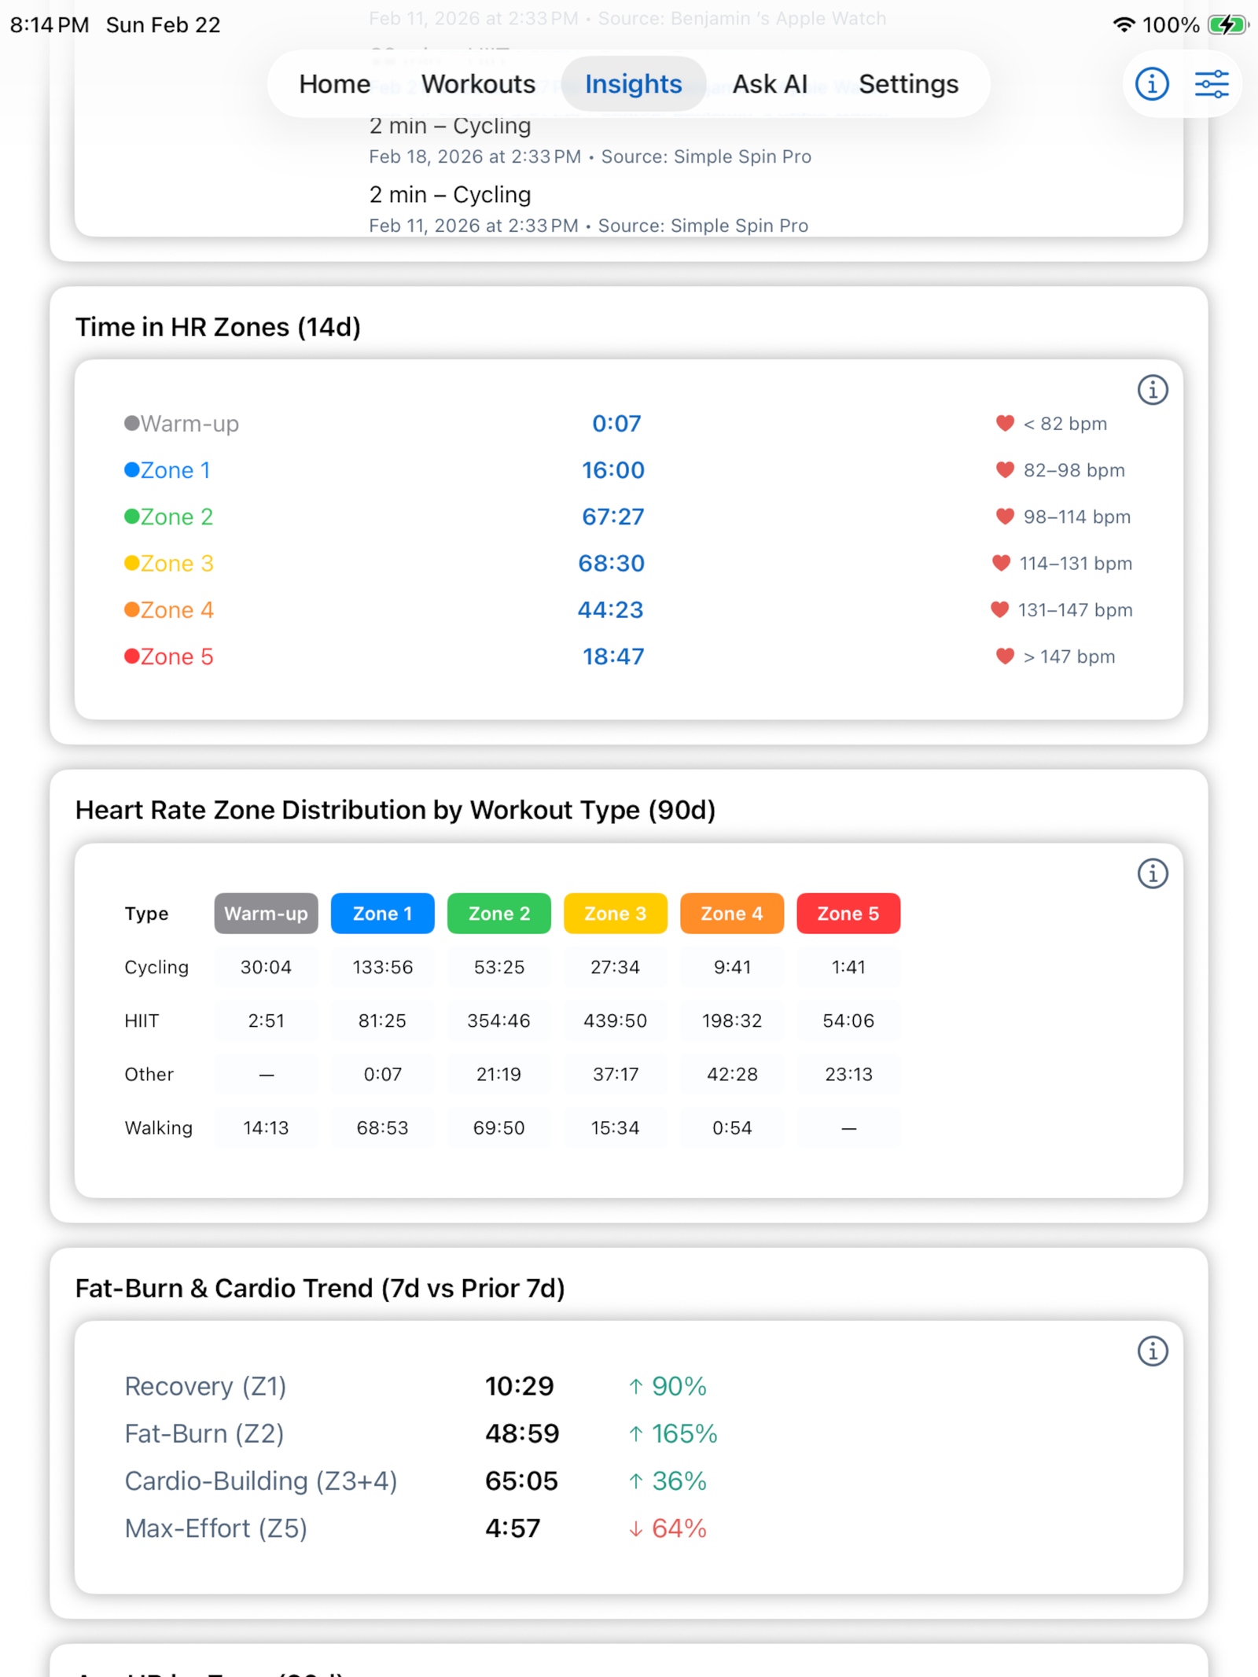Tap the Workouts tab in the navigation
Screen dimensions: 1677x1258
coord(478,84)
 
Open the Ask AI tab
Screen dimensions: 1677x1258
coord(770,84)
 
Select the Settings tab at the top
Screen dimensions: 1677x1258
coord(908,84)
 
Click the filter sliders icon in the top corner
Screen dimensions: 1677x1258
coord(1212,84)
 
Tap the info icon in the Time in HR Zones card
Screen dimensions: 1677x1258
coord(1153,390)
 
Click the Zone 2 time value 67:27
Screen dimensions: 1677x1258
coord(612,517)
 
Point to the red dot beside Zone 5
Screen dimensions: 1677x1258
coord(132,656)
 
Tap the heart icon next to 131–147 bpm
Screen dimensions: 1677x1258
coord(999,609)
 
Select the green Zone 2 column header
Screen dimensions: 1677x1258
coord(499,914)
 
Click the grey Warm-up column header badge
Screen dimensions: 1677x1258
coord(266,914)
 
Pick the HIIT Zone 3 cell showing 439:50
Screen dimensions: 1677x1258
coord(615,1021)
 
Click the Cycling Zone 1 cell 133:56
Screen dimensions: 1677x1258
coord(382,967)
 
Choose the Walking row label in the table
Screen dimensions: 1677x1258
coord(158,1128)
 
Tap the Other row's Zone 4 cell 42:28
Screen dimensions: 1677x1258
coord(732,1074)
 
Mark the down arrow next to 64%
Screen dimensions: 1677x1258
coord(635,1529)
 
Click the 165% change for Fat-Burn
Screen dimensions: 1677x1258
coord(684,1434)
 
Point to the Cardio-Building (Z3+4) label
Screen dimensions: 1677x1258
coord(261,1481)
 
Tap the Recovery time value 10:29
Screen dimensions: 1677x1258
coord(519,1386)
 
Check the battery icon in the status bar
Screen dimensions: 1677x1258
coord(1227,25)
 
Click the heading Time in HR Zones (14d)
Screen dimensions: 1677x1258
coord(218,327)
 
